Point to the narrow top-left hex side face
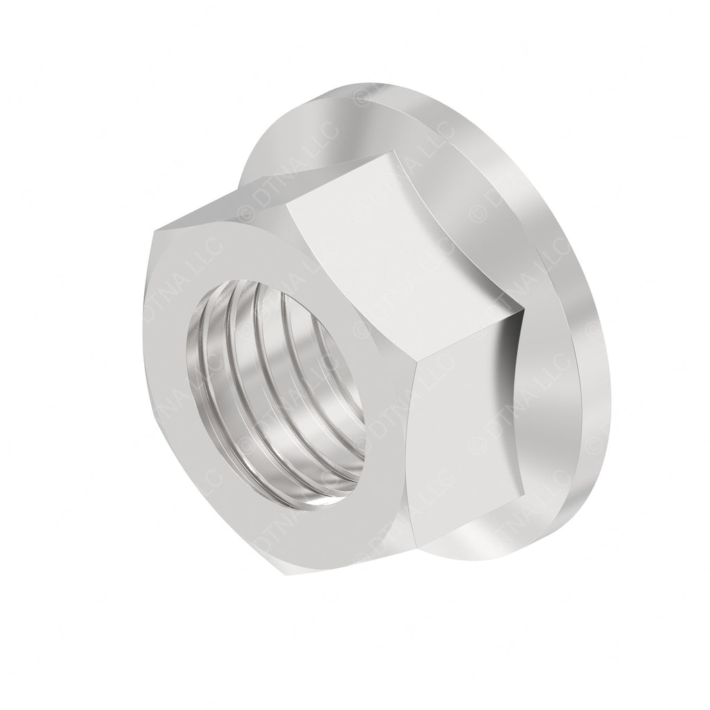(222, 201)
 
